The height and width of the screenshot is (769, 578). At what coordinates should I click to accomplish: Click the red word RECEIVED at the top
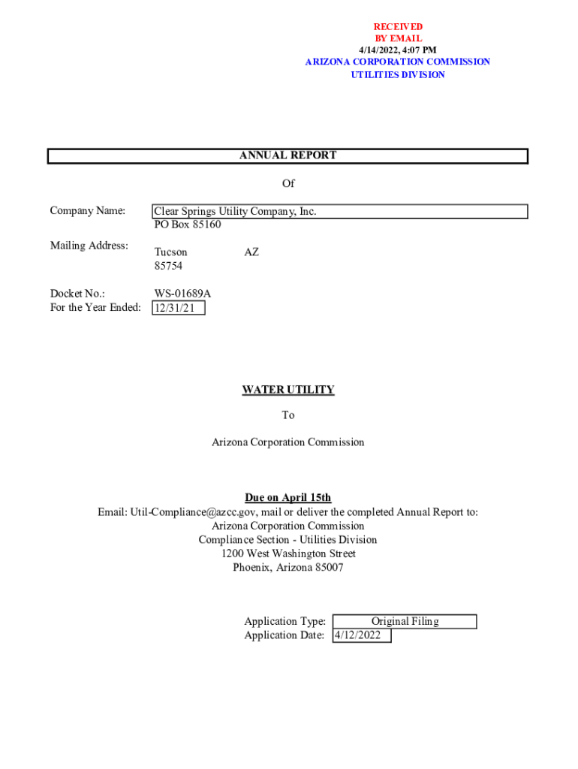click(x=398, y=27)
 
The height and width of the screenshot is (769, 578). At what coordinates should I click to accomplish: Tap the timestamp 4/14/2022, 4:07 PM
click(x=398, y=50)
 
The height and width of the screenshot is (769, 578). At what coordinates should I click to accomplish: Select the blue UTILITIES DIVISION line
click(x=398, y=75)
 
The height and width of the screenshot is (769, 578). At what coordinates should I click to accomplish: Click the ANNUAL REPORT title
click(x=287, y=155)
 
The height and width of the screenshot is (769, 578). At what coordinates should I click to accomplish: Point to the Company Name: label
click(x=87, y=211)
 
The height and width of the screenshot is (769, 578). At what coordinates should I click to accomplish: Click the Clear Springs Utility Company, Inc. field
click(x=235, y=212)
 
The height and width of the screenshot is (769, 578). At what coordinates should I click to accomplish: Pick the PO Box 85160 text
click(x=188, y=225)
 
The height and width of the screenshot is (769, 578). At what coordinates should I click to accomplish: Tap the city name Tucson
click(x=171, y=252)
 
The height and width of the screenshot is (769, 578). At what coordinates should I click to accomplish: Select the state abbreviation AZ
click(x=251, y=252)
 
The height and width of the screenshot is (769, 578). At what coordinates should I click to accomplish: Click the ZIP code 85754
click(x=168, y=267)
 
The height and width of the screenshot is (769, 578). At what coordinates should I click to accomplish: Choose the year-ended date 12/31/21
click(x=178, y=308)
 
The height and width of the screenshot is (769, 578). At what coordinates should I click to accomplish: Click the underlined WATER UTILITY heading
click(x=288, y=390)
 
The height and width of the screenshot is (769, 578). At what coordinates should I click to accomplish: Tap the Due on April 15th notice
click(x=288, y=498)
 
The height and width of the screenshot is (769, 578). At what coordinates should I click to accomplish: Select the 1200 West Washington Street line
click(x=288, y=553)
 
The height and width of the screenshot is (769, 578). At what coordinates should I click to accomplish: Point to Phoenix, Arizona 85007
click(x=288, y=568)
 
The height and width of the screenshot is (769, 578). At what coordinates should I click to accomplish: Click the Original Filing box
click(x=405, y=621)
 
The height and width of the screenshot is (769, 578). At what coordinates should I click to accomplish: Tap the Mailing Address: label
click(x=89, y=246)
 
